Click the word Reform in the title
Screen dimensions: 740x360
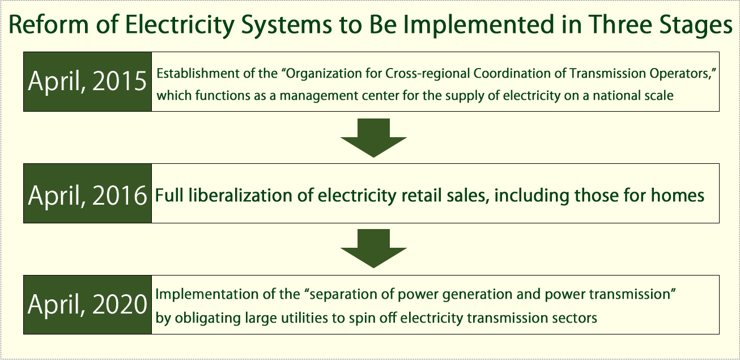(x=49, y=24)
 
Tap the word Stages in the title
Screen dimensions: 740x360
(x=696, y=26)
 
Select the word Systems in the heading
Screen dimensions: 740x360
(x=287, y=26)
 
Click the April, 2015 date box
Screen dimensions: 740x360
(x=88, y=81)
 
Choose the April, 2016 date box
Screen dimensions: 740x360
(x=88, y=193)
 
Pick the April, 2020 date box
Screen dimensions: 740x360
(x=88, y=304)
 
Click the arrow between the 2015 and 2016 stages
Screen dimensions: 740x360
(x=373, y=138)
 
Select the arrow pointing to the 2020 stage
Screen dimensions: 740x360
(x=373, y=248)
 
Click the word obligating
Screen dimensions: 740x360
(x=207, y=319)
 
